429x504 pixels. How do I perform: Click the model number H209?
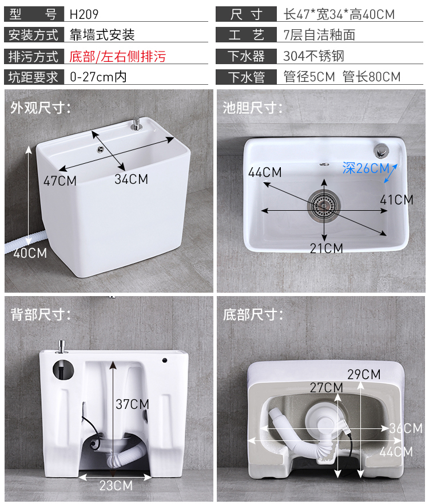click(x=84, y=14)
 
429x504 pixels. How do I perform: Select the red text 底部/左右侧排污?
click(x=117, y=57)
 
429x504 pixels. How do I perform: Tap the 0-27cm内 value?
click(x=98, y=77)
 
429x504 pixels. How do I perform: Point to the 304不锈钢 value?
click(x=313, y=56)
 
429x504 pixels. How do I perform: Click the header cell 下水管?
click(x=247, y=77)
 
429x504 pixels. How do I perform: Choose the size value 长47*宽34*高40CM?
click(x=339, y=14)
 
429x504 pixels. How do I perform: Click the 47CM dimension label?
click(x=60, y=180)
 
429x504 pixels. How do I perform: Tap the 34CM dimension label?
click(x=132, y=179)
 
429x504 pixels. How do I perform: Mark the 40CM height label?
click(x=30, y=253)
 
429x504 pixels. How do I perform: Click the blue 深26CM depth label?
click(x=366, y=168)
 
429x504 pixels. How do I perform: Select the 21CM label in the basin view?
click(x=326, y=248)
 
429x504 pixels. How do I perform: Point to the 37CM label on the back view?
click(x=132, y=404)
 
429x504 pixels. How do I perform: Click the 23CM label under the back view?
click(x=116, y=485)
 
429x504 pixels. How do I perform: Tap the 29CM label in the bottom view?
click(x=364, y=374)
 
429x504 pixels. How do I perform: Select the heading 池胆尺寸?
click(x=253, y=108)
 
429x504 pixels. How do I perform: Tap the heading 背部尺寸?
click(x=41, y=314)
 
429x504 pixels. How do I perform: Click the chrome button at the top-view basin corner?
click(x=381, y=151)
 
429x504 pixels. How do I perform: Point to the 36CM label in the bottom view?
click(x=406, y=428)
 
